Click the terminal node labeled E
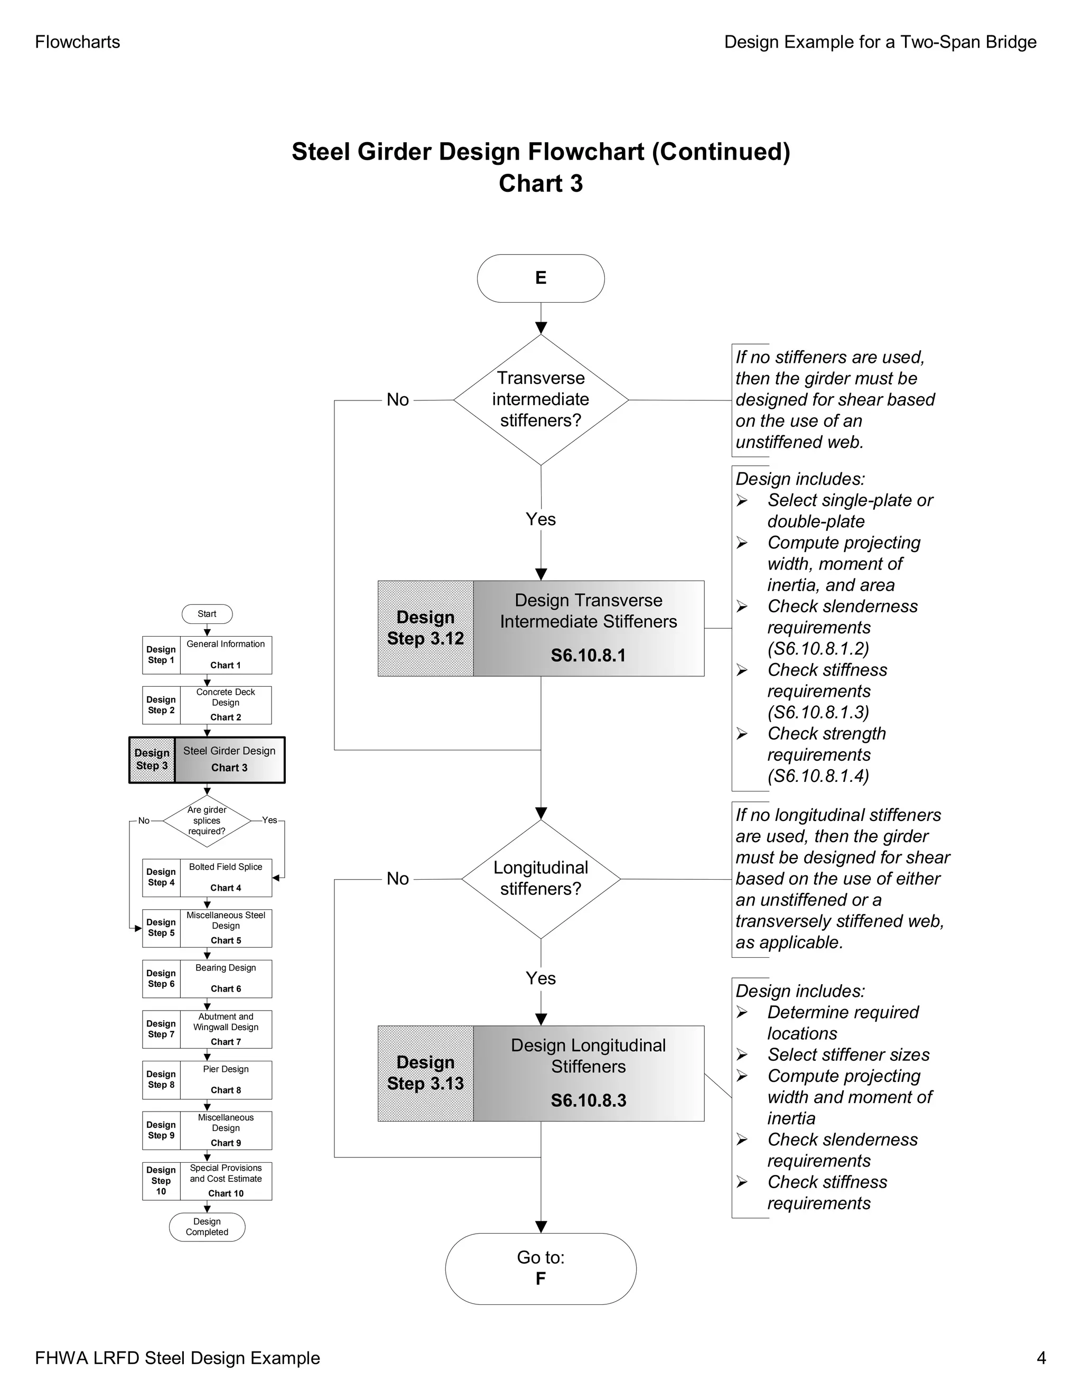coord(540,278)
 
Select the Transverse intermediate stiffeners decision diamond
coord(540,399)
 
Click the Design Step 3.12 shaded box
coord(425,628)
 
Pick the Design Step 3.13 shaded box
coord(425,1073)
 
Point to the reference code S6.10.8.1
coord(588,655)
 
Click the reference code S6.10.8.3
coord(588,1100)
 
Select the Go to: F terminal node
coord(540,1268)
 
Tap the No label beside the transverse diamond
coord(397,400)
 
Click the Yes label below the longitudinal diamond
coord(540,978)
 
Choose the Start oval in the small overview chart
coord(207,614)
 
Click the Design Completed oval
coord(207,1226)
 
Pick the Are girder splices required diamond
coord(207,820)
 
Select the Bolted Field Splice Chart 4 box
coord(226,877)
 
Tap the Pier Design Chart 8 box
coord(226,1079)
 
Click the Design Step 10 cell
coord(161,1181)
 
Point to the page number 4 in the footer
coord(1041,1358)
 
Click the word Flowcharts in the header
coord(78,42)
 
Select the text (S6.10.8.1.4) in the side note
coord(818,776)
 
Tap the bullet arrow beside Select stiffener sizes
coord(742,1054)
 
